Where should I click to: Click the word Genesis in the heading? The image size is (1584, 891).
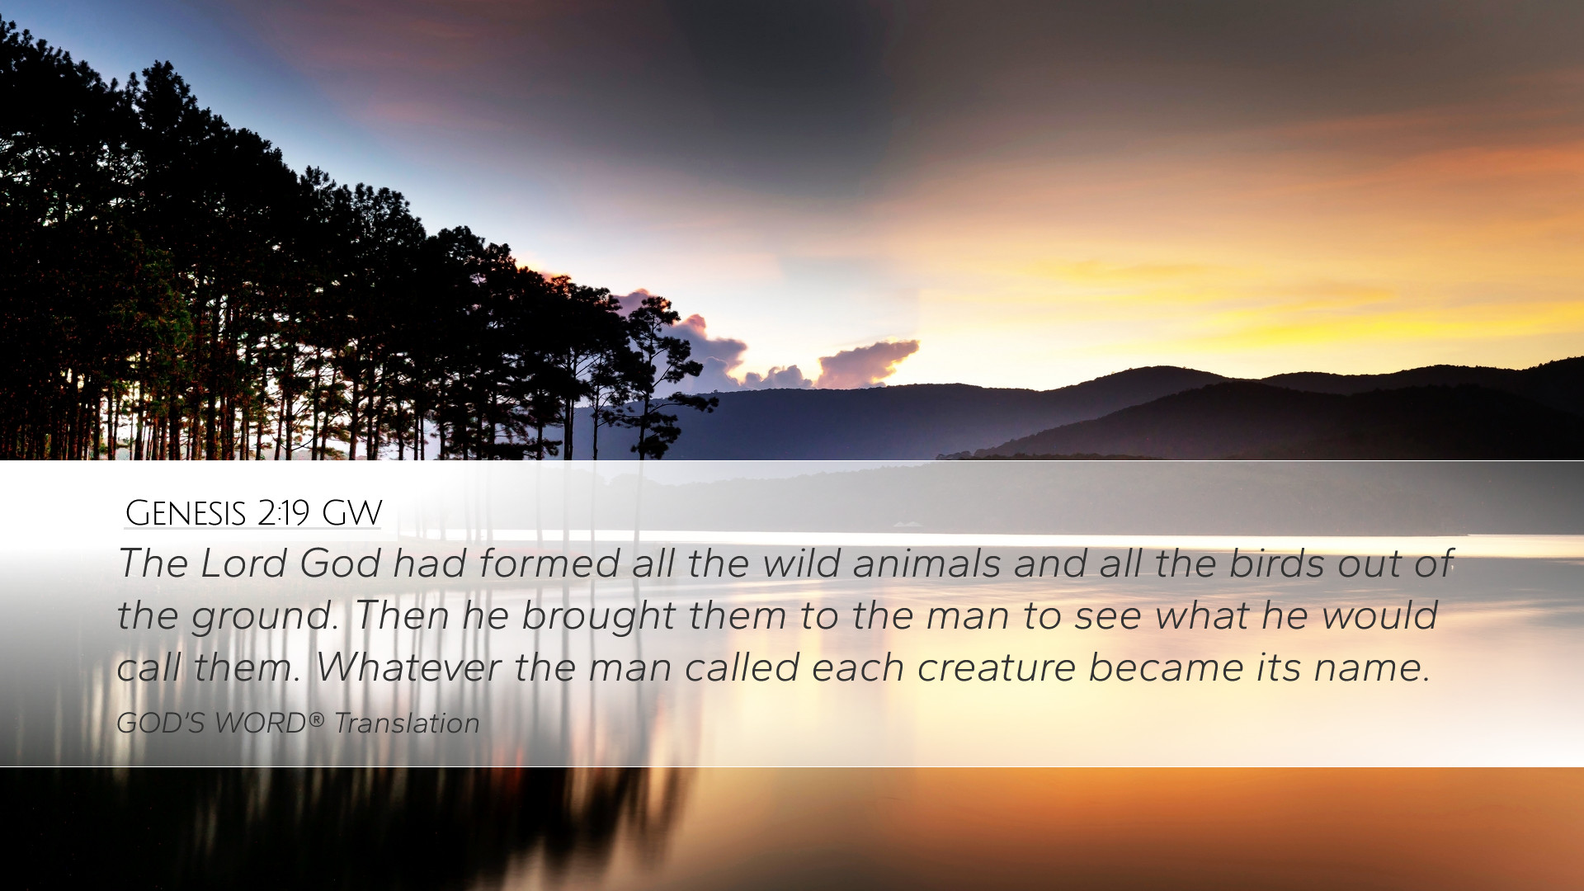tap(186, 513)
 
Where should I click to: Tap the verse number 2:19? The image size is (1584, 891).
tap(283, 513)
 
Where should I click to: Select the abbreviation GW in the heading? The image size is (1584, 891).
tap(352, 513)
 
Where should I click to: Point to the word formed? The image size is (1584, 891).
tap(549, 563)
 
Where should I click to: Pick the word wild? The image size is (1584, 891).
tap(796, 563)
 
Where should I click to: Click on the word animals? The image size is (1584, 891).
tap(926, 563)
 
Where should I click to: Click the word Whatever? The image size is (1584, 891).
tap(408, 667)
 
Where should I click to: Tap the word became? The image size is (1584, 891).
tap(1166, 667)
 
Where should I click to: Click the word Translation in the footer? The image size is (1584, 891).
tap(407, 724)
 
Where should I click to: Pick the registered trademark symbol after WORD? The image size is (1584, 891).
tap(316, 720)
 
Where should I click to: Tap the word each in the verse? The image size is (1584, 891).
tap(858, 667)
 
